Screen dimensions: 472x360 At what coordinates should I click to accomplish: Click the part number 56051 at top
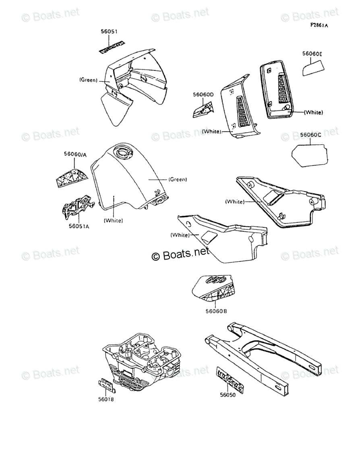(109, 31)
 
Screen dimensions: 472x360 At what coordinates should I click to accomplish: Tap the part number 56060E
(312, 53)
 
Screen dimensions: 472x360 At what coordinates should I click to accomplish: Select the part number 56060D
(203, 94)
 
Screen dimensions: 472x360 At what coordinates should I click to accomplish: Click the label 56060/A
(75, 154)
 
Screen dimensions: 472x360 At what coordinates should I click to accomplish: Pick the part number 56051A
(79, 226)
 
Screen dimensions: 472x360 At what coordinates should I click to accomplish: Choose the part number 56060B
(216, 311)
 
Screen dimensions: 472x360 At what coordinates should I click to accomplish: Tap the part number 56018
(106, 399)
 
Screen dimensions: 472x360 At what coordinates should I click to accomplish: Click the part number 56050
(228, 395)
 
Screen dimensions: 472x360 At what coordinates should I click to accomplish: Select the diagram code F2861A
(319, 25)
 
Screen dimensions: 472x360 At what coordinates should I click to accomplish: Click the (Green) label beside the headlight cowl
(88, 80)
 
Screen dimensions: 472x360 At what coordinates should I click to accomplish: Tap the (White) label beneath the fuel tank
(113, 220)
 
